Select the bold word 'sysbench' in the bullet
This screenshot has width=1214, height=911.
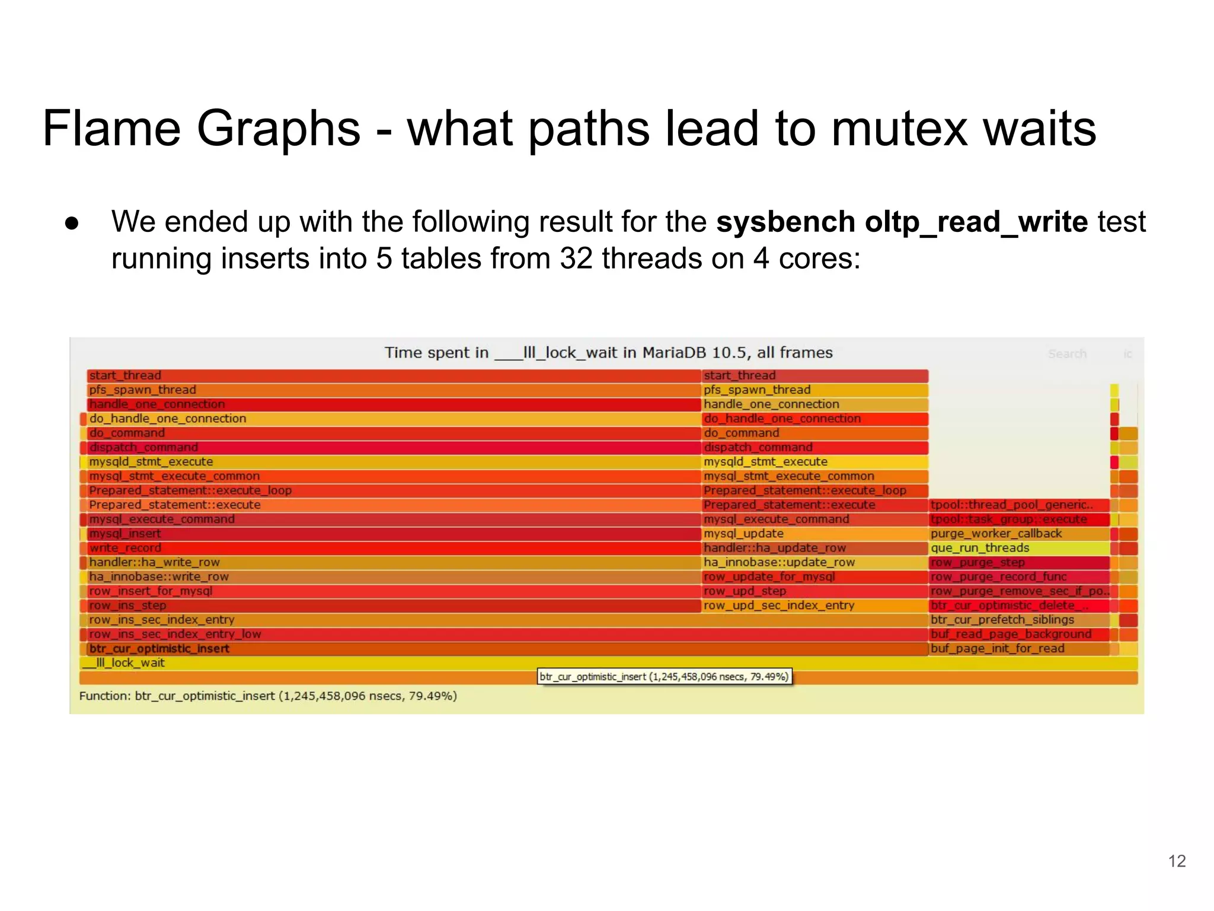pyautogui.click(x=785, y=222)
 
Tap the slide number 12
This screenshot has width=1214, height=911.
pyautogui.click(x=1177, y=861)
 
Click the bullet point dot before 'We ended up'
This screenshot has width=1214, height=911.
pyautogui.click(x=72, y=223)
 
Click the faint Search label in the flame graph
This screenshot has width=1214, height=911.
pyautogui.click(x=1067, y=354)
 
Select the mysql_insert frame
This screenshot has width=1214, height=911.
pyautogui.click(x=391, y=534)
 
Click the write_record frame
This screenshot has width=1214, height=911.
pyautogui.click(x=391, y=548)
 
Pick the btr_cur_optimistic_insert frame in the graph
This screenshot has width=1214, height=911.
pyautogui.click(x=504, y=649)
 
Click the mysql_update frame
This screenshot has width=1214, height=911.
pyautogui.click(x=814, y=534)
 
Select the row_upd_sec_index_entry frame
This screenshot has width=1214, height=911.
pyautogui.click(x=814, y=606)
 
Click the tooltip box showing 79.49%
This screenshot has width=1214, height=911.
pyautogui.click(x=664, y=677)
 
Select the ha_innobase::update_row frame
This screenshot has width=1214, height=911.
pyautogui.click(x=814, y=562)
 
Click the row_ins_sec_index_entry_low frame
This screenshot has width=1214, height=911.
pyautogui.click(x=504, y=634)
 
